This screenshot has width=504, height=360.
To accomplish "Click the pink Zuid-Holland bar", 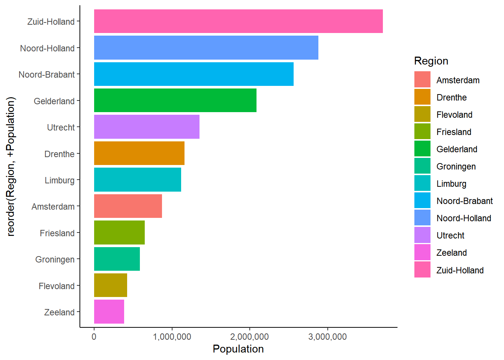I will tap(238, 21).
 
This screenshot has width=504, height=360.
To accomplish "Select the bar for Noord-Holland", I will tap(206, 48).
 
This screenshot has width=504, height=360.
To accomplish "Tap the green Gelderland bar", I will tap(175, 100).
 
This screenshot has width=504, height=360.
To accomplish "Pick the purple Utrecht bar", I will tap(147, 127).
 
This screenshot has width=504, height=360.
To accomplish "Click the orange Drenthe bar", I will tap(139, 153).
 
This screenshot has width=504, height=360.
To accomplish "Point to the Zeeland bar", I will tap(109, 312).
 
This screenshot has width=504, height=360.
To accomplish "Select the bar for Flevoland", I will tap(110, 285).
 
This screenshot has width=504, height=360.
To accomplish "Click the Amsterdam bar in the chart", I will tap(128, 206).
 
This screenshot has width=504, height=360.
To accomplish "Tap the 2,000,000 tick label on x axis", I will tap(250, 337).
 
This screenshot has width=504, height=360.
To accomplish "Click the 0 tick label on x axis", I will tap(94, 337).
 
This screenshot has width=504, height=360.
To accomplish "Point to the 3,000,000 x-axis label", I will tap(327, 337).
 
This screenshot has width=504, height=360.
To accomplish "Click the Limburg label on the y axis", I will tap(60, 180).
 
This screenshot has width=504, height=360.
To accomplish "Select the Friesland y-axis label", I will tap(57, 233).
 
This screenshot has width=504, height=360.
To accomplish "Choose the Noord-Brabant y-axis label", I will tap(46, 75).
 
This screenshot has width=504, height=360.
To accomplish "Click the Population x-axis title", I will tap(238, 349).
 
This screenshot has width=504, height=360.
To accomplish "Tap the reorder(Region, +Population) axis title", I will tap(11, 166).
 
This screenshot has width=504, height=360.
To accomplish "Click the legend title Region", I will tap(431, 61).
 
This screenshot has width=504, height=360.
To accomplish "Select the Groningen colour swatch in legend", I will tap(422, 166).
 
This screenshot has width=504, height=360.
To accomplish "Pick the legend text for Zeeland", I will tap(451, 253).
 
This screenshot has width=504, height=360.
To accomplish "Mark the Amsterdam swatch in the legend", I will tap(422, 79).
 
